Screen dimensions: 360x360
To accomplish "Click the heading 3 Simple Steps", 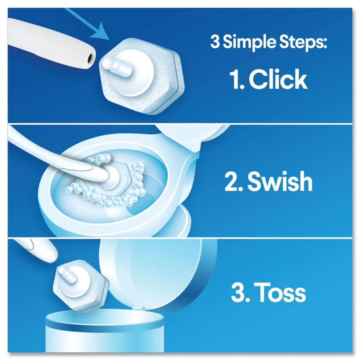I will pyautogui.click(x=269, y=43).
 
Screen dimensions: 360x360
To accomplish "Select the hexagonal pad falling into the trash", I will pyautogui.click(x=81, y=287).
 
